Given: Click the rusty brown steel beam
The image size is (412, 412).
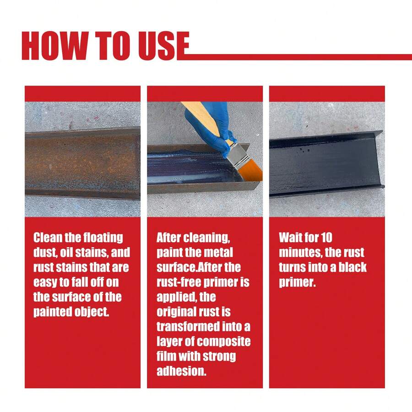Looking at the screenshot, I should pyautogui.click(x=82, y=163).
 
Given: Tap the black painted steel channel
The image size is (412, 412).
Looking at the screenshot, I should pyautogui.click(x=325, y=163).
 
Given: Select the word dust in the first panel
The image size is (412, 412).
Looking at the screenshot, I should pyautogui.click(x=46, y=252).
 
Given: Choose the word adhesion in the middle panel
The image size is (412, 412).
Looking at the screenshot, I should pyautogui.click(x=181, y=371).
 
